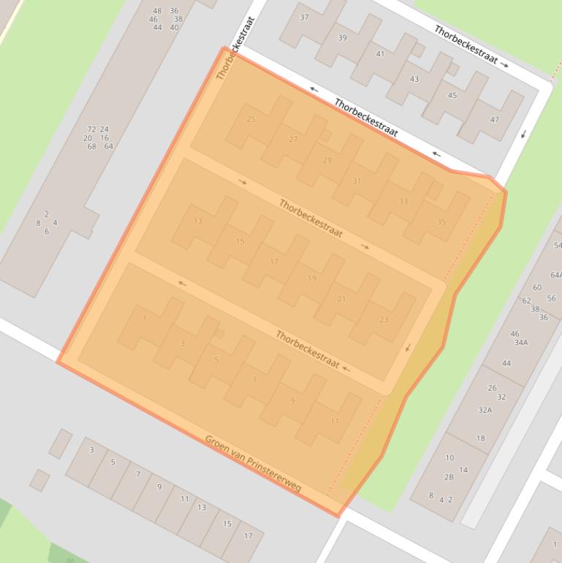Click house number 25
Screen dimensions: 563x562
click(251, 119)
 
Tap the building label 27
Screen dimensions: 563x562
click(293, 139)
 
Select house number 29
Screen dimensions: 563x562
click(327, 160)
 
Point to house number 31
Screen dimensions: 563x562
click(357, 181)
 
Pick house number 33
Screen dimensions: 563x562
click(403, 201)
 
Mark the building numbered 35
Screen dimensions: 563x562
click(441, 222)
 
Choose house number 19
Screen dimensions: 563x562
click(312, 279)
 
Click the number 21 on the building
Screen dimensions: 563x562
click(341, 298)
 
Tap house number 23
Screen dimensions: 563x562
click(384, 320)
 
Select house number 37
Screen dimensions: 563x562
click(304, 18)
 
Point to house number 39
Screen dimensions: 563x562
click(342, 38)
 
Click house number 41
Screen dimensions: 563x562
click(380, 54)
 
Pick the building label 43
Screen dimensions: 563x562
click(414, 79)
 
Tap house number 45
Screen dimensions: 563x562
click(452, 95)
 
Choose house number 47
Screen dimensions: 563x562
click(495, 119)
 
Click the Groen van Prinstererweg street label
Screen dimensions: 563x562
click(253, 464)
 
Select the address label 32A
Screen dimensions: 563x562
click(485, 410)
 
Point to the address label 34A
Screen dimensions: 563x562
click(520, 342)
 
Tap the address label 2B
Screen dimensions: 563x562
click(449, 477)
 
